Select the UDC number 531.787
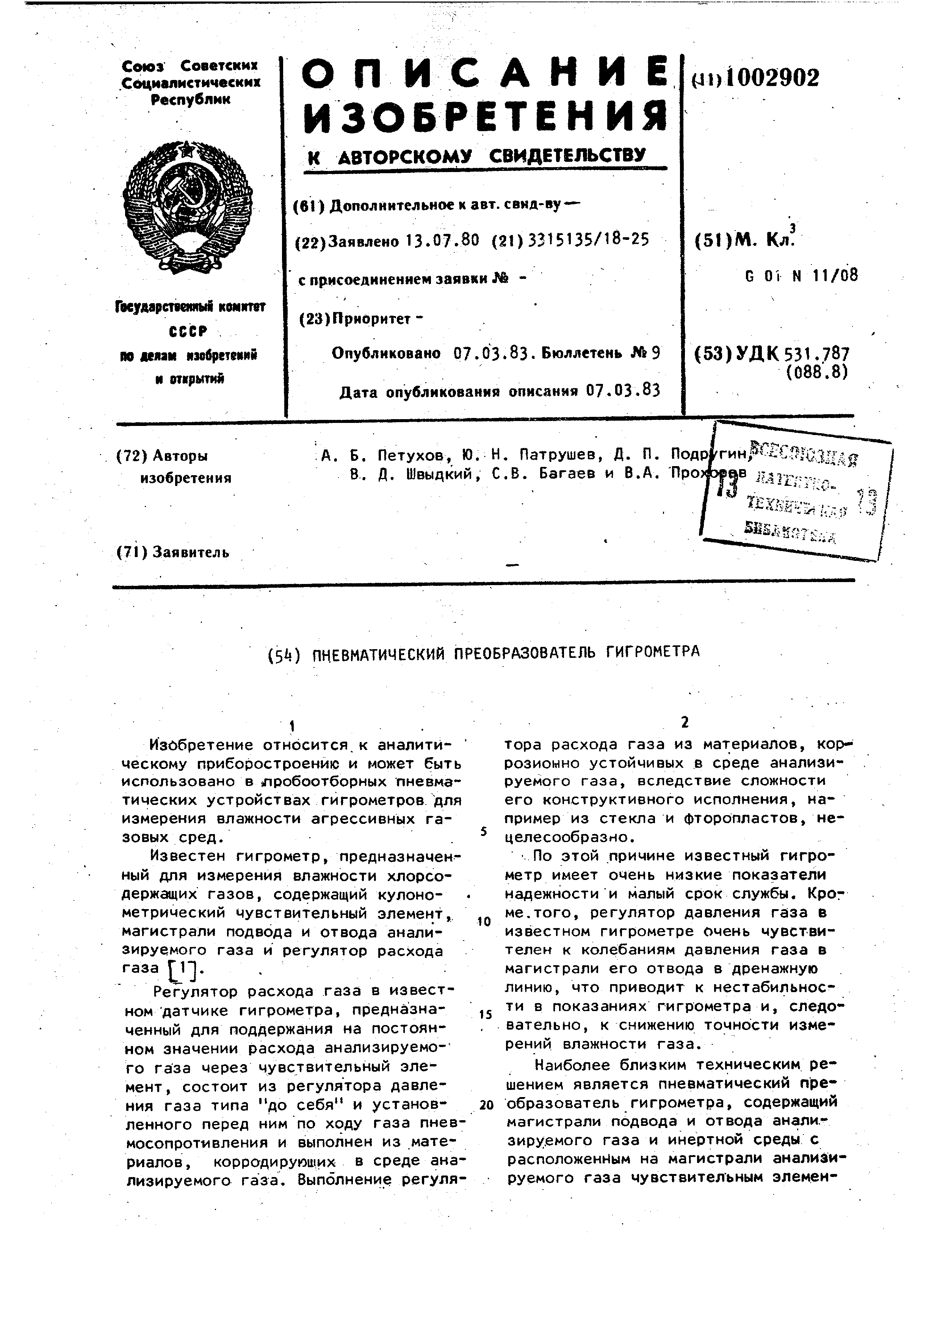[x=816, y=353]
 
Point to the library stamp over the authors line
[x=796, y=492]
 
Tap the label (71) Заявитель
[x=173, y=552]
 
